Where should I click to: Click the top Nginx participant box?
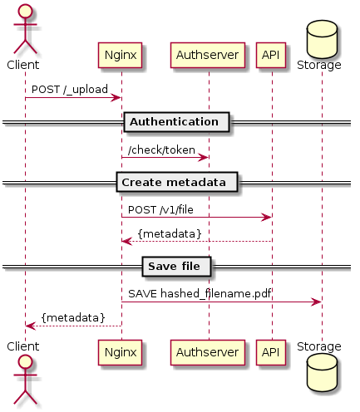point(120,55)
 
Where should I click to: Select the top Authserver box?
point(208,55)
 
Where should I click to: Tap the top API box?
point(271,55)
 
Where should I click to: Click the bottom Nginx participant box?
point(120,352)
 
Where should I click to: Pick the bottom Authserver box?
point(208,352)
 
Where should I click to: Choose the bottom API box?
point(271,352)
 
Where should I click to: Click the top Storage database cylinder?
point(322,39)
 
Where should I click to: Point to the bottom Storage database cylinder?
point(322,373)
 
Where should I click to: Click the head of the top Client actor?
point(25,12)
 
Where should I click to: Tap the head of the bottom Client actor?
point(25,362)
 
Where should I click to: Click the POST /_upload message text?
point(70,90)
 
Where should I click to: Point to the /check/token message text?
point(161,150)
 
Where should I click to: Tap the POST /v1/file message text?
point(160,209)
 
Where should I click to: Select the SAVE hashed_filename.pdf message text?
point(200,293)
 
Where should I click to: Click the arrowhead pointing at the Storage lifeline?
point(316,302)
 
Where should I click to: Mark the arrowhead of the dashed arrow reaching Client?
point(31,326)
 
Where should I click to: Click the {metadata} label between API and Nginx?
point(170,234)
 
